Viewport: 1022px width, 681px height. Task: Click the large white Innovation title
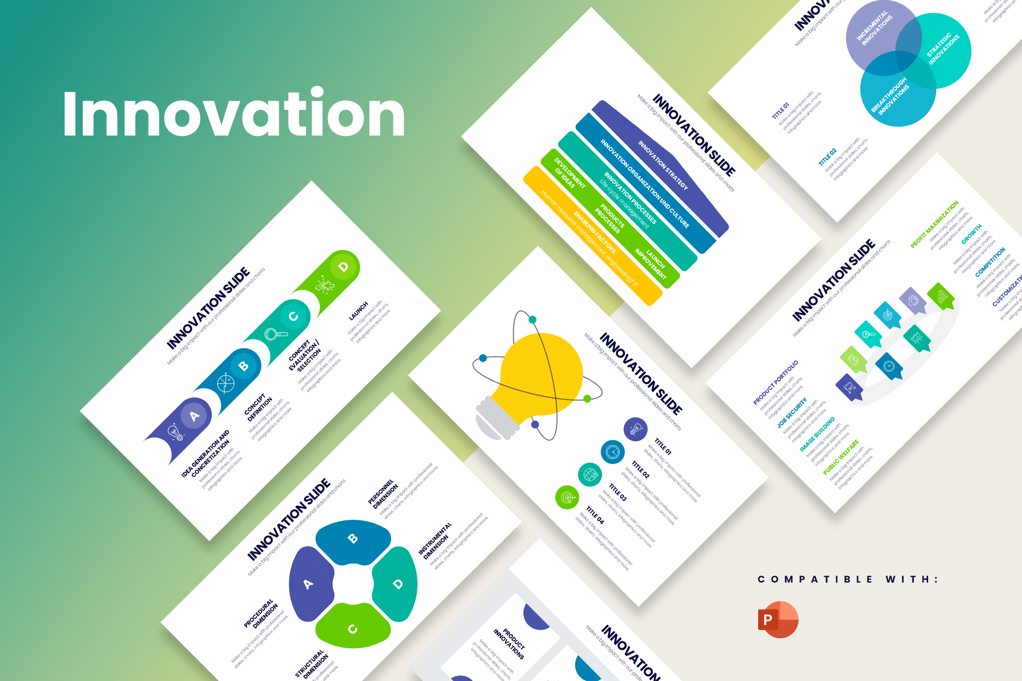tap(234, 114)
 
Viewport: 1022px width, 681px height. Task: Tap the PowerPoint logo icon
tap(778, 619)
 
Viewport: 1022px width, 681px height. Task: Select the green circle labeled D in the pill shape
tap(343, 267)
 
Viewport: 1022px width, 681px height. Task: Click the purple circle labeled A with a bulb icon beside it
tap(194, 416)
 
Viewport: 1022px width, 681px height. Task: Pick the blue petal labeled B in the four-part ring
tap(353, 541)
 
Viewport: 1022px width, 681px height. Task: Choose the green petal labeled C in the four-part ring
tap(353, 627)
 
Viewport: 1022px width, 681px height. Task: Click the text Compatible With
tap(848, 579)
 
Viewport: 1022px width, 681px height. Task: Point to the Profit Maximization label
tap(934, 225)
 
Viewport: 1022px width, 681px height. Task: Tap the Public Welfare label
tap(840, 458)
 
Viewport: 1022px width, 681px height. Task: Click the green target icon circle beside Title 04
tap(567, 498)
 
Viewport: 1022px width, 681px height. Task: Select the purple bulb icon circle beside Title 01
tap(635, 429)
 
